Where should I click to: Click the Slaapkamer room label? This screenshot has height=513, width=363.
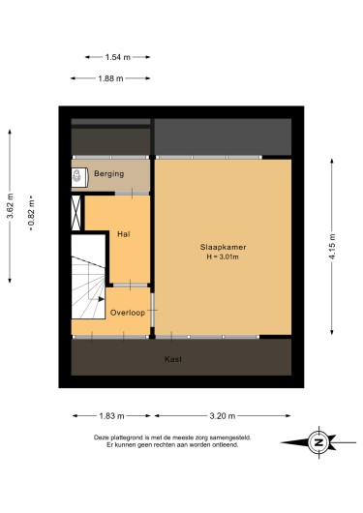pyautogui.click(x=223, y=247)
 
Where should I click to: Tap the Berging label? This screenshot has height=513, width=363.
pyautogui.click(x=109, y=173)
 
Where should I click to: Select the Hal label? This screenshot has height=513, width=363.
pyautogui.click(x=124, y=234)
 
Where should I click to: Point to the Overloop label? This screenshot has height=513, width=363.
pyautogui.click(x=128, y=313)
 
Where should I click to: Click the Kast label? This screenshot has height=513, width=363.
pyautogui.click(x=173, y=359)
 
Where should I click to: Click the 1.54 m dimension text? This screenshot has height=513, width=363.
pyautogui.click(x=118, y=57)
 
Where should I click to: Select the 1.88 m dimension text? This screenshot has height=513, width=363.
pyautogui.click(x=110, y=78)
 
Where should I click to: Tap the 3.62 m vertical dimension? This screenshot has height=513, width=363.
pyautogui.click(x=10, y=206)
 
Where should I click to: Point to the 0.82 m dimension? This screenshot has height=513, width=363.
pyautogui.click(x=31, y=213)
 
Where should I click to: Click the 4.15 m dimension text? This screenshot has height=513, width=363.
pyautogui.click(x=332, y=247)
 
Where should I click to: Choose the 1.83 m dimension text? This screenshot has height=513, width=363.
pyautogui.click(x=111, y=416)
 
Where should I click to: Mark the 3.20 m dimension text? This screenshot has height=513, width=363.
pyautogui.click(x=223, y=416)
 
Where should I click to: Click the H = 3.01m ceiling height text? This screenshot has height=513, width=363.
pyautogui.click(x=223, y=256)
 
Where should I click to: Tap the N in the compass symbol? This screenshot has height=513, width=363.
pyautogui.click(x=318, y=442)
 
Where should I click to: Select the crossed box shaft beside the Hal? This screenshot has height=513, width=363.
pyautogui.click(x=76, y=213)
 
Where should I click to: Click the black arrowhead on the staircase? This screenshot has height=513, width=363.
pyautogui.click(x=101, y=299)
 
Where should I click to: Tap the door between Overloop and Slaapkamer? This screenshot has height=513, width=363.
pyautogui.click(x=152, y=310)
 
